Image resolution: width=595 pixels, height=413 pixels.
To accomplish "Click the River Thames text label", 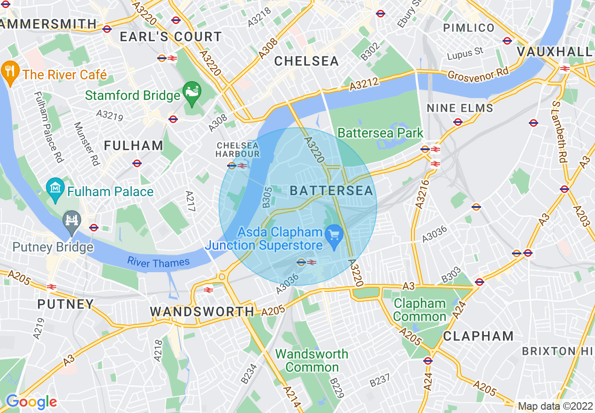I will (159, 263).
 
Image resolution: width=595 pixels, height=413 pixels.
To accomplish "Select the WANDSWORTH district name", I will (202, 312).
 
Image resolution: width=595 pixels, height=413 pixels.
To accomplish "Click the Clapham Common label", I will (420, 310).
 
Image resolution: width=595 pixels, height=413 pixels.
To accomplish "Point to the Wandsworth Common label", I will (312, 360).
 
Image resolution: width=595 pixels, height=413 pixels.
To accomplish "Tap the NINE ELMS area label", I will (460, 108).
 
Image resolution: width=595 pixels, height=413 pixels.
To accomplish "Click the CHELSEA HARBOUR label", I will (238, 150).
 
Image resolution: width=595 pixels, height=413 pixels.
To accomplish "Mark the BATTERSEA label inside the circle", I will (331, 191).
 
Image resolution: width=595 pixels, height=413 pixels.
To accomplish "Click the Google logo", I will (31, 402).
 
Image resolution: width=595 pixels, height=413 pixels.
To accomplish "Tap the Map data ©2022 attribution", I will (555, 406).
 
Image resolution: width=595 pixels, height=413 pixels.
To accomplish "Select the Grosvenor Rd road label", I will (478, 74).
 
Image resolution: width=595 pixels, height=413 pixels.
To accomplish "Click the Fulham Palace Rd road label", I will (48, 127).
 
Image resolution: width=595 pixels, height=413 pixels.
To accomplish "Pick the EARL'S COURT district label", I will (170, 37).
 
